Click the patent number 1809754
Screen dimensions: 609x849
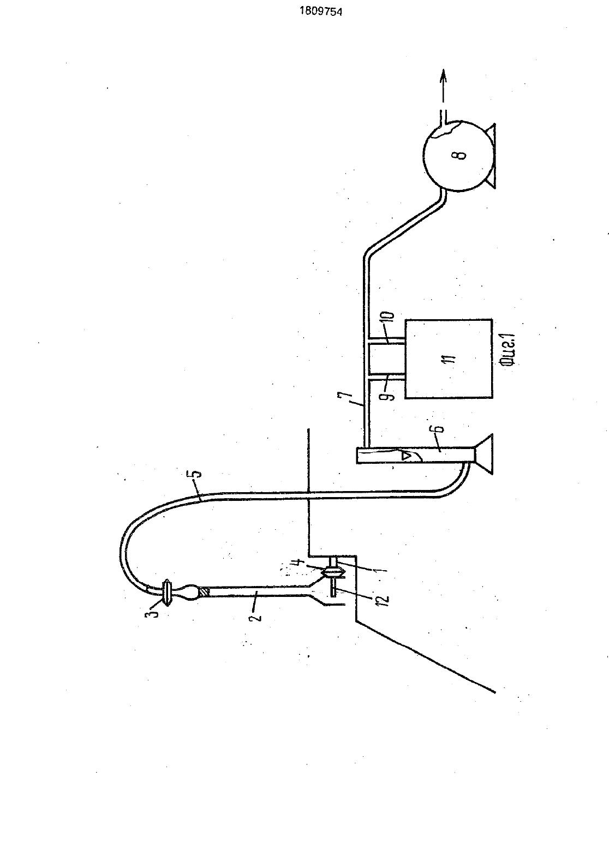pos(321,12)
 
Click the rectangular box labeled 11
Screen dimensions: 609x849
pos(449,358)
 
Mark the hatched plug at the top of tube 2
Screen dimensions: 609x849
pos(205,592)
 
